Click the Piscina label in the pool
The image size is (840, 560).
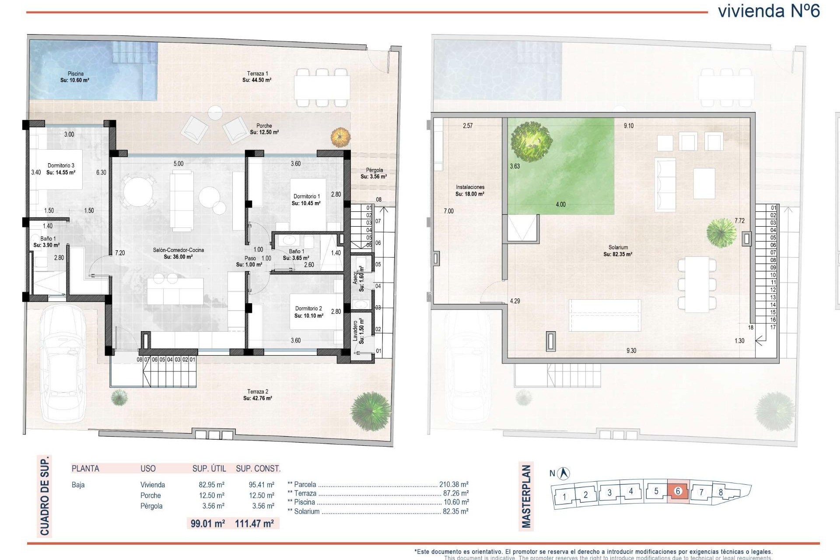(x=75, y=77)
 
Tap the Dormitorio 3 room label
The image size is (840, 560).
(x=61, y=169)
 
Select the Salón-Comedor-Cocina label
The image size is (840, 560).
(x=178, y=253)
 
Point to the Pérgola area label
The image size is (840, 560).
(x=374, y=173)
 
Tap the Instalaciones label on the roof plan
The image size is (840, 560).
(x=470, y=190)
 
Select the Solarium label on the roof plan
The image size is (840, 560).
(x=618, y=251)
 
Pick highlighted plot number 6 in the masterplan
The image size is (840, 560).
(x=678, y=491)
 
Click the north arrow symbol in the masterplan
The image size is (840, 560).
(x=565, y=473)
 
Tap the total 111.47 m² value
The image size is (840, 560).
(x=254, y=523)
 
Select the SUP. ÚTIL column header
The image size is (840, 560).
(x=209, y=469)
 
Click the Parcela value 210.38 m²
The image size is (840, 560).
(x=454, y=484)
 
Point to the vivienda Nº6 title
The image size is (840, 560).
(x=769, y=11)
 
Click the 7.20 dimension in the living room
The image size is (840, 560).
(x=120, y=253)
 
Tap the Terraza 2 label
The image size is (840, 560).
(x=258, y=395)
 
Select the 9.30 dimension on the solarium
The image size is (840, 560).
(x=631, y=350)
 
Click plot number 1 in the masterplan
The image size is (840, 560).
(x=564, y=497)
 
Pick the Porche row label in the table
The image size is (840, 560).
(x=150, y=495)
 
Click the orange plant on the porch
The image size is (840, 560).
(x=340, y=137)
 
